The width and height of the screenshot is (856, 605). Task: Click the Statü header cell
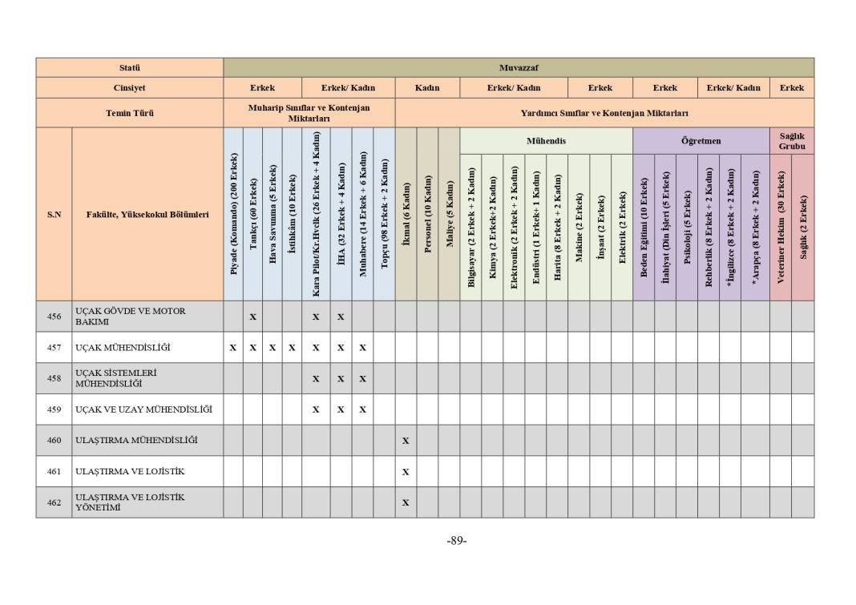[129, 67]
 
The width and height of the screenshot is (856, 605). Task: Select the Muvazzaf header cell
[518, 67]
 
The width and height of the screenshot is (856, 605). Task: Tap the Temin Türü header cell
[129, 113]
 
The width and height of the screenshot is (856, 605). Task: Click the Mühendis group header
[546, 141]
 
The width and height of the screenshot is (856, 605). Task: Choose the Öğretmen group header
[701, 141]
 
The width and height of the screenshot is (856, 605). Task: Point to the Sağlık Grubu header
[791, 141]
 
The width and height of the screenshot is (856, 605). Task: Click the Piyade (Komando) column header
[233, 214]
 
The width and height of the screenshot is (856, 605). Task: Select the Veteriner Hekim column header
[781, 226]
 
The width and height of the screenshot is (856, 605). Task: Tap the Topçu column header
[384, 214]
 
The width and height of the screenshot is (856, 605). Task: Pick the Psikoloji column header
[686, 226]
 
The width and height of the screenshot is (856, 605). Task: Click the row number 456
[54, 317]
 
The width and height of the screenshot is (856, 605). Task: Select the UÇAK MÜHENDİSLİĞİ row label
[123, 348]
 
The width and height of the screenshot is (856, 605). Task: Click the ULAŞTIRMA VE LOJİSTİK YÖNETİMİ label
[129, 502]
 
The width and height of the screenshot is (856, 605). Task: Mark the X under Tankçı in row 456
[252, 317]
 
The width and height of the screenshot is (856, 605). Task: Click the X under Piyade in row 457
[233, 348]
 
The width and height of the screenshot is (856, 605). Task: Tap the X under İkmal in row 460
[406, 441]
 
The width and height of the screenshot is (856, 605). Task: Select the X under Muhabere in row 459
[362, 409]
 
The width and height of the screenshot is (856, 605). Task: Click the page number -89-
[456, 540]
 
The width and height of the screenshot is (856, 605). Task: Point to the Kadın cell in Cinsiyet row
[427, 88]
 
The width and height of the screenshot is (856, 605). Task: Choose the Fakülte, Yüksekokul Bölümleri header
[147, 214]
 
